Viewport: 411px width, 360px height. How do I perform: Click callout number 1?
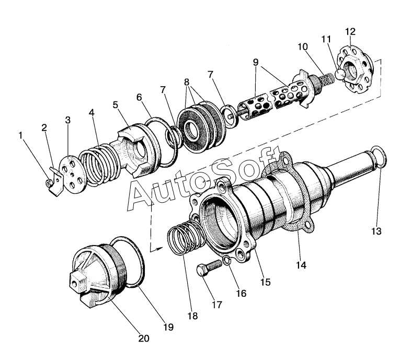tap(21, 136)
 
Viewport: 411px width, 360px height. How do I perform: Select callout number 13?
tap(377, 230)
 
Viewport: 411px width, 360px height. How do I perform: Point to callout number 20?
tap(143, 339)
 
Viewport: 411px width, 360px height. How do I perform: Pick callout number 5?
tap(115, 104)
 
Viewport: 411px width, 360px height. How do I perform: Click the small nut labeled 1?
tap(48, 183)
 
